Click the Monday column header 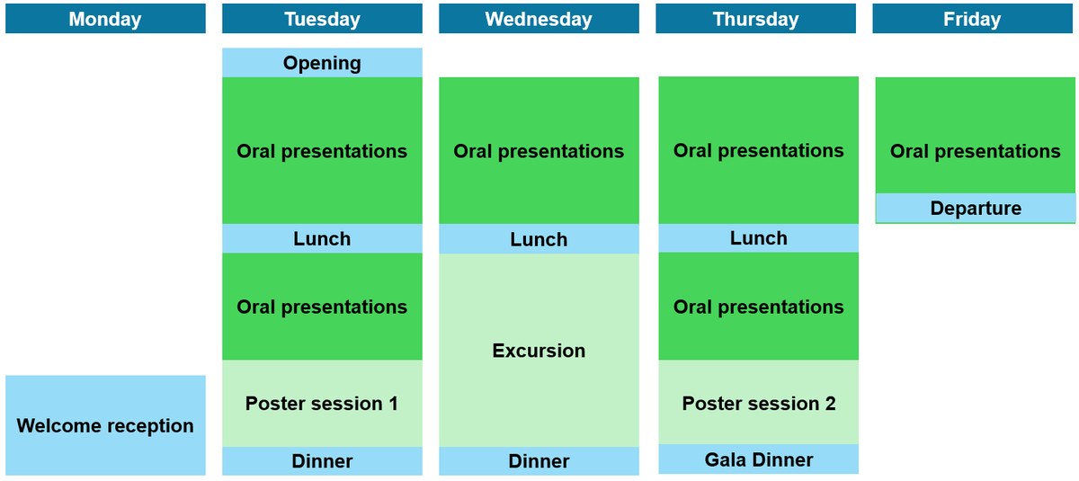point(105,18)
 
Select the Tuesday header point(322,18)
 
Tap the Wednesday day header point(539,18)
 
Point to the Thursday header point(756,18)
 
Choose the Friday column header point(973,18)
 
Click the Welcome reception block point(105,425)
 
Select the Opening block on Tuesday point(322,63)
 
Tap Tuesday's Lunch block point(322,238)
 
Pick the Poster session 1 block point(322,404)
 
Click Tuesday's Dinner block point(322,461)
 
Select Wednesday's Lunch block point(539,239)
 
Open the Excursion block point(539,350)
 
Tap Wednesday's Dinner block point(539,461)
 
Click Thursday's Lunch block point(759,238)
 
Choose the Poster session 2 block point(759,402)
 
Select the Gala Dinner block point(759,459)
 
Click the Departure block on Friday point(976,208)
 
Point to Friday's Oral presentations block point(976,135)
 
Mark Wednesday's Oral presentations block point(539,151)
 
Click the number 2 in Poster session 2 point(830,404)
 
